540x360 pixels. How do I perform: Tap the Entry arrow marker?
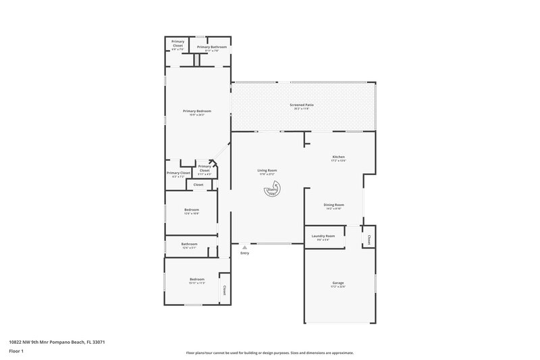pyautogui.click(x=244, y=248)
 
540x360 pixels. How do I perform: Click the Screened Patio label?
pyautogui.click(x=301, y=105)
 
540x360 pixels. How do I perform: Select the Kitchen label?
pyautogui.click(x=338, y=157)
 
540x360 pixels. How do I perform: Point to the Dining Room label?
pyautogui.click(x=334, y=205)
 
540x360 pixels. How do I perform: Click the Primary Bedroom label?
pyautogui.click(x=197, y=111)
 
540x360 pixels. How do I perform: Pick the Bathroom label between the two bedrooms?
pyautogui.click(x=189, y=244)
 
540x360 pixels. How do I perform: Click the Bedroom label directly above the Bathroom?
pyautogui.click(x=192, y=209)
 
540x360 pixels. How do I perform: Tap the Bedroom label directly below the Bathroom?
pyautogui.click(x=196, y=279)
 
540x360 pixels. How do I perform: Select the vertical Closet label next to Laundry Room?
pyautogui.click(x=369, y=238)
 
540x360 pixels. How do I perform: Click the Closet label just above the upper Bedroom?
pyautogui.click(x=198, y=184)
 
